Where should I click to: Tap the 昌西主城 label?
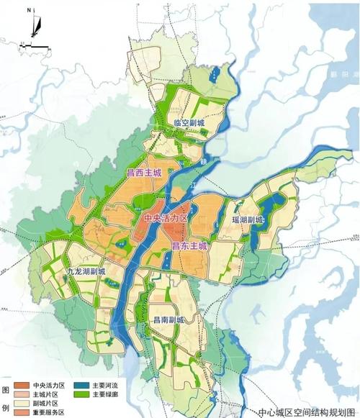pyautogui.click(x=144, y=173)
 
